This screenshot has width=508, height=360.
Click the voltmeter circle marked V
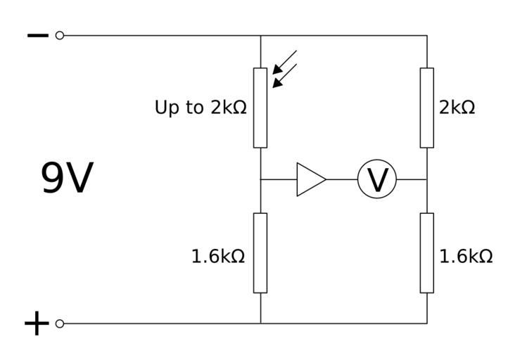(x=377, y=179)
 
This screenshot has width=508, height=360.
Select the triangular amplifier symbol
(x=309, y=179)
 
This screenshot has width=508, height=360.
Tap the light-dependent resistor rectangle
(x=260, y=108)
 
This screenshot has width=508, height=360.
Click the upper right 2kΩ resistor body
(x=427, y=108)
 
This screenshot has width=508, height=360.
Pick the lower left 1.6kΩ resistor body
(x=260, y=252)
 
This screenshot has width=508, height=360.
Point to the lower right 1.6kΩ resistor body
(x=427, y=252)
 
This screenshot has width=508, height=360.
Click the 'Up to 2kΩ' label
(x=201, y=108)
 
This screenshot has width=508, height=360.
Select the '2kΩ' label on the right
(x=457, y=108)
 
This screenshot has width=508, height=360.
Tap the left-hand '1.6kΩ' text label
(x=218, y=257)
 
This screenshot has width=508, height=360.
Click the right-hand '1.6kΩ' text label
(x=466, y=257)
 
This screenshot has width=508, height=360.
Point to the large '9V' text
(x=67, y=179)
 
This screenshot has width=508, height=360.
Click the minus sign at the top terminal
(x=37, y=35)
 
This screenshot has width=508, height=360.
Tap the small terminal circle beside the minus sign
(x=59, y=35)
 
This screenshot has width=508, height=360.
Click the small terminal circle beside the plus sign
(x=59, y=323)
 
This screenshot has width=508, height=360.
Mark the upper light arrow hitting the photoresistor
(x=286, y=61)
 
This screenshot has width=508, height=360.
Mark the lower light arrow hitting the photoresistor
(x=285, y=75)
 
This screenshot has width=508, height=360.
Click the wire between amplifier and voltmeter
(x=342, y=179)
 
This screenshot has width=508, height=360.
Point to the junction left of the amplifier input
(x=260, y=179)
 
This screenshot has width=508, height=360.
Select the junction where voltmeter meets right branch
(x=427, y=179)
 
